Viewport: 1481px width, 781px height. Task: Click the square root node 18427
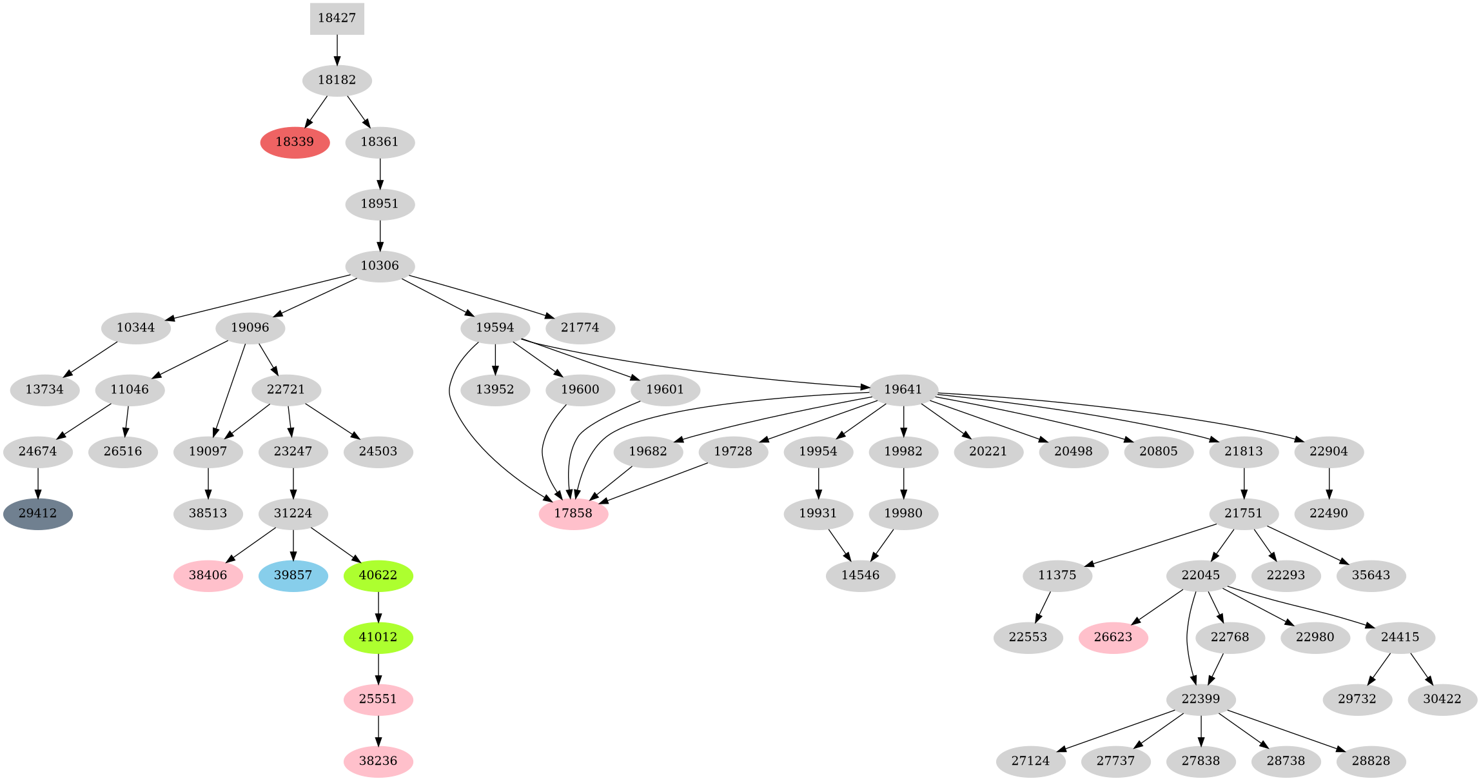point(337,18)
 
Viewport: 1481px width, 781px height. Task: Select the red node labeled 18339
point(295,142)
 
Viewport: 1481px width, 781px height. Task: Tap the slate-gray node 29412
point(37,514)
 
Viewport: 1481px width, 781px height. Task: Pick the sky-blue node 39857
point(293,575)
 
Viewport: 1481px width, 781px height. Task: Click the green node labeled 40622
point(378,575)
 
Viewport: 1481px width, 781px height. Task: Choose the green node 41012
point(378,637)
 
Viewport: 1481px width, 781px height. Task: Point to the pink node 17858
point(573,514)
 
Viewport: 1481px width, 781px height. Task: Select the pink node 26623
point(1113,637)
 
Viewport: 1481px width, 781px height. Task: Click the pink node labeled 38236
point(378,761)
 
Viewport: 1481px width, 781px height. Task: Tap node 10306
point(380,266)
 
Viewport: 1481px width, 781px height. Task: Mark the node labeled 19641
point(903,390)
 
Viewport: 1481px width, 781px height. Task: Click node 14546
point(860,575)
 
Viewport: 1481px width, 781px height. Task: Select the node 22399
point(1201,699)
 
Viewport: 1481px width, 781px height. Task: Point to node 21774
point(580,328)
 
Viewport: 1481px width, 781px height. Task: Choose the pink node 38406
point(208,575)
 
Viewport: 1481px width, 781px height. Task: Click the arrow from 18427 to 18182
point(337,50)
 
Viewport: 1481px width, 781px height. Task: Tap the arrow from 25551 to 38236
point(378,730)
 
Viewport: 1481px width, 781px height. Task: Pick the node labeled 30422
point(1442,699)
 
